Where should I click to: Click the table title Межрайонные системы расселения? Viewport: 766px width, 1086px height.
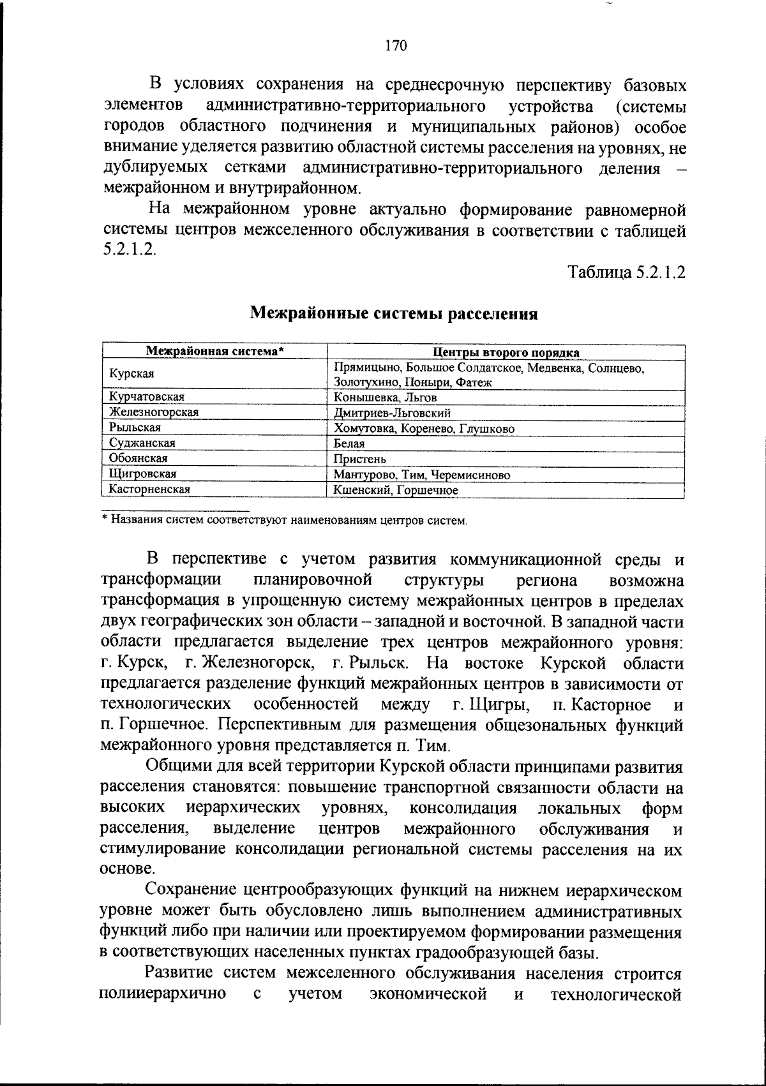point(394,313)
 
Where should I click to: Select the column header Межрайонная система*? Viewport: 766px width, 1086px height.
point(215,352)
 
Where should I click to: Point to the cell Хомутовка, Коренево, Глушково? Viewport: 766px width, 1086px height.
point(424,429)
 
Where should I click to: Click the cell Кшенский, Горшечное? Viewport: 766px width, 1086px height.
point(396,490)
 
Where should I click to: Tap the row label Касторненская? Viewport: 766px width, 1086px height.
point(150,489)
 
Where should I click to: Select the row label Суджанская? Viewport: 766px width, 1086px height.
point(142,443)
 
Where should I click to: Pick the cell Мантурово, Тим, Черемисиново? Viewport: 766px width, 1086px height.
point(423,475)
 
